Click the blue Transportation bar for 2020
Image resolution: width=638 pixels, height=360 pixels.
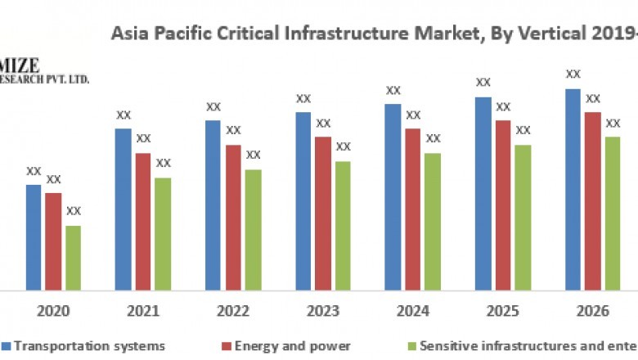point(34,237)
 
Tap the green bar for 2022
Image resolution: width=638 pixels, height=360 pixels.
point(253,229)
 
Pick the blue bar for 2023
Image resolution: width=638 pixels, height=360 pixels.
point(303,200)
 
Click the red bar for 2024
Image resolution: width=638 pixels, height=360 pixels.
point(413,209)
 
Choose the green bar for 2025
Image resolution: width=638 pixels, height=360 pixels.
point(523,217)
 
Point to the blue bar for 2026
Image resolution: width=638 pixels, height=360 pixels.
point(573,189)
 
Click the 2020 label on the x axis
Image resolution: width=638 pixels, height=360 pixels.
point(53,312)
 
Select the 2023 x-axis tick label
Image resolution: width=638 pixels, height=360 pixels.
point(323,312)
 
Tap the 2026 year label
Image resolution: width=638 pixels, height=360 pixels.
point(593,312)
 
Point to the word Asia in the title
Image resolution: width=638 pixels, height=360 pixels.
point(128,34)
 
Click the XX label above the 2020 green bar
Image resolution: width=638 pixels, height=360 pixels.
point(74,211)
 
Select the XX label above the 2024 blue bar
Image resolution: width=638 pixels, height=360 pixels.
point(393,90)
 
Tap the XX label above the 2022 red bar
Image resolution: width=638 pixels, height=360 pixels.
point(233,130)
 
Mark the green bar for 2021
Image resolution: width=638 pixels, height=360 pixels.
point(163,233)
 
